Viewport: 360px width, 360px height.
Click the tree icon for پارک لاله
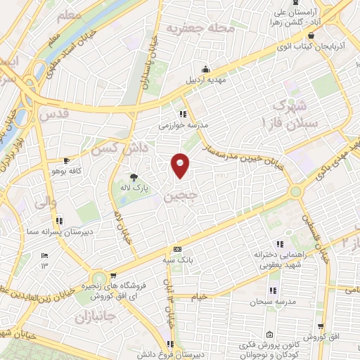[134, 176]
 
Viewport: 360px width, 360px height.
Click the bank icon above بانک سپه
[177, 249]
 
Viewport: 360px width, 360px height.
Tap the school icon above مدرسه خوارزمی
[183, 114]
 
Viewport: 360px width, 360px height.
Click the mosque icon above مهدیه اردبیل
[205, 69]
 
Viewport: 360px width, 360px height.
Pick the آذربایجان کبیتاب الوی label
[306, 46]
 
